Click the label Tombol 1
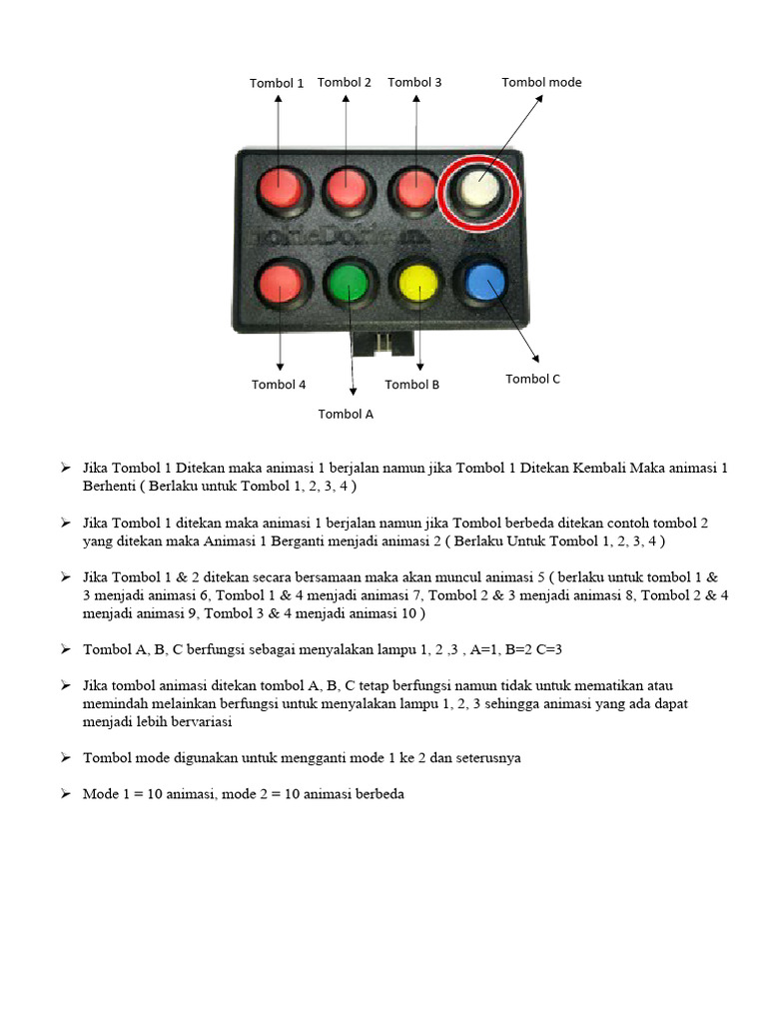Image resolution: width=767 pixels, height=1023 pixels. coord(277,84)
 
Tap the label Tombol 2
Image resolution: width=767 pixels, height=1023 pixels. coord(345,83)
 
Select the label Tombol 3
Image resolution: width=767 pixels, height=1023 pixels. coord(414,83)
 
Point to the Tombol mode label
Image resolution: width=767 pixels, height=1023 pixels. coord(541,83)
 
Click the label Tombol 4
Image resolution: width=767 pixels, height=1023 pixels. coord(279,385)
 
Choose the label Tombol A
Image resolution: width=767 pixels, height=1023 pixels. coord(346,414)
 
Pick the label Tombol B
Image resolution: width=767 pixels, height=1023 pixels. coord(412,385)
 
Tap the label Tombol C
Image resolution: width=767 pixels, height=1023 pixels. coord(533,379)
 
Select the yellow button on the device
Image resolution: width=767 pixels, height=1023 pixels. coord(414,285)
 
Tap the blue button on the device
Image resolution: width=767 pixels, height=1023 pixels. coord(482,282)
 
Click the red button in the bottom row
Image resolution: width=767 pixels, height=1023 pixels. coord(280,286)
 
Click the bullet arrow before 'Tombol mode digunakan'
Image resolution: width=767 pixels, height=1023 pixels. coord(65,758)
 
